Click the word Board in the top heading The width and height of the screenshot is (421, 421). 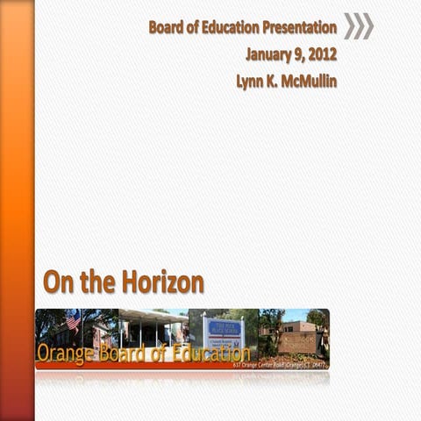point(167,27)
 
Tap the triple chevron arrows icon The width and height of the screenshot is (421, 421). point(358,26)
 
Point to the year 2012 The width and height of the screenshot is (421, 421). point(322,54)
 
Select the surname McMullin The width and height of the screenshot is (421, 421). point(307,81)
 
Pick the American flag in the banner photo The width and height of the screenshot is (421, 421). point(73,321)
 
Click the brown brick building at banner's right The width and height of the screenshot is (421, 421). point(298,338)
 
